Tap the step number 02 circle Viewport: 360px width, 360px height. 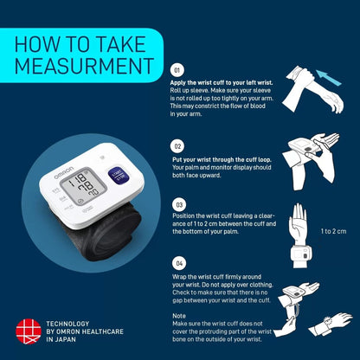point(177,146)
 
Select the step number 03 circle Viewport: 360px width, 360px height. point(177,205)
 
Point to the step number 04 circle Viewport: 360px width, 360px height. point(177,261)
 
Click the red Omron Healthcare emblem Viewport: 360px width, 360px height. point(28,331)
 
